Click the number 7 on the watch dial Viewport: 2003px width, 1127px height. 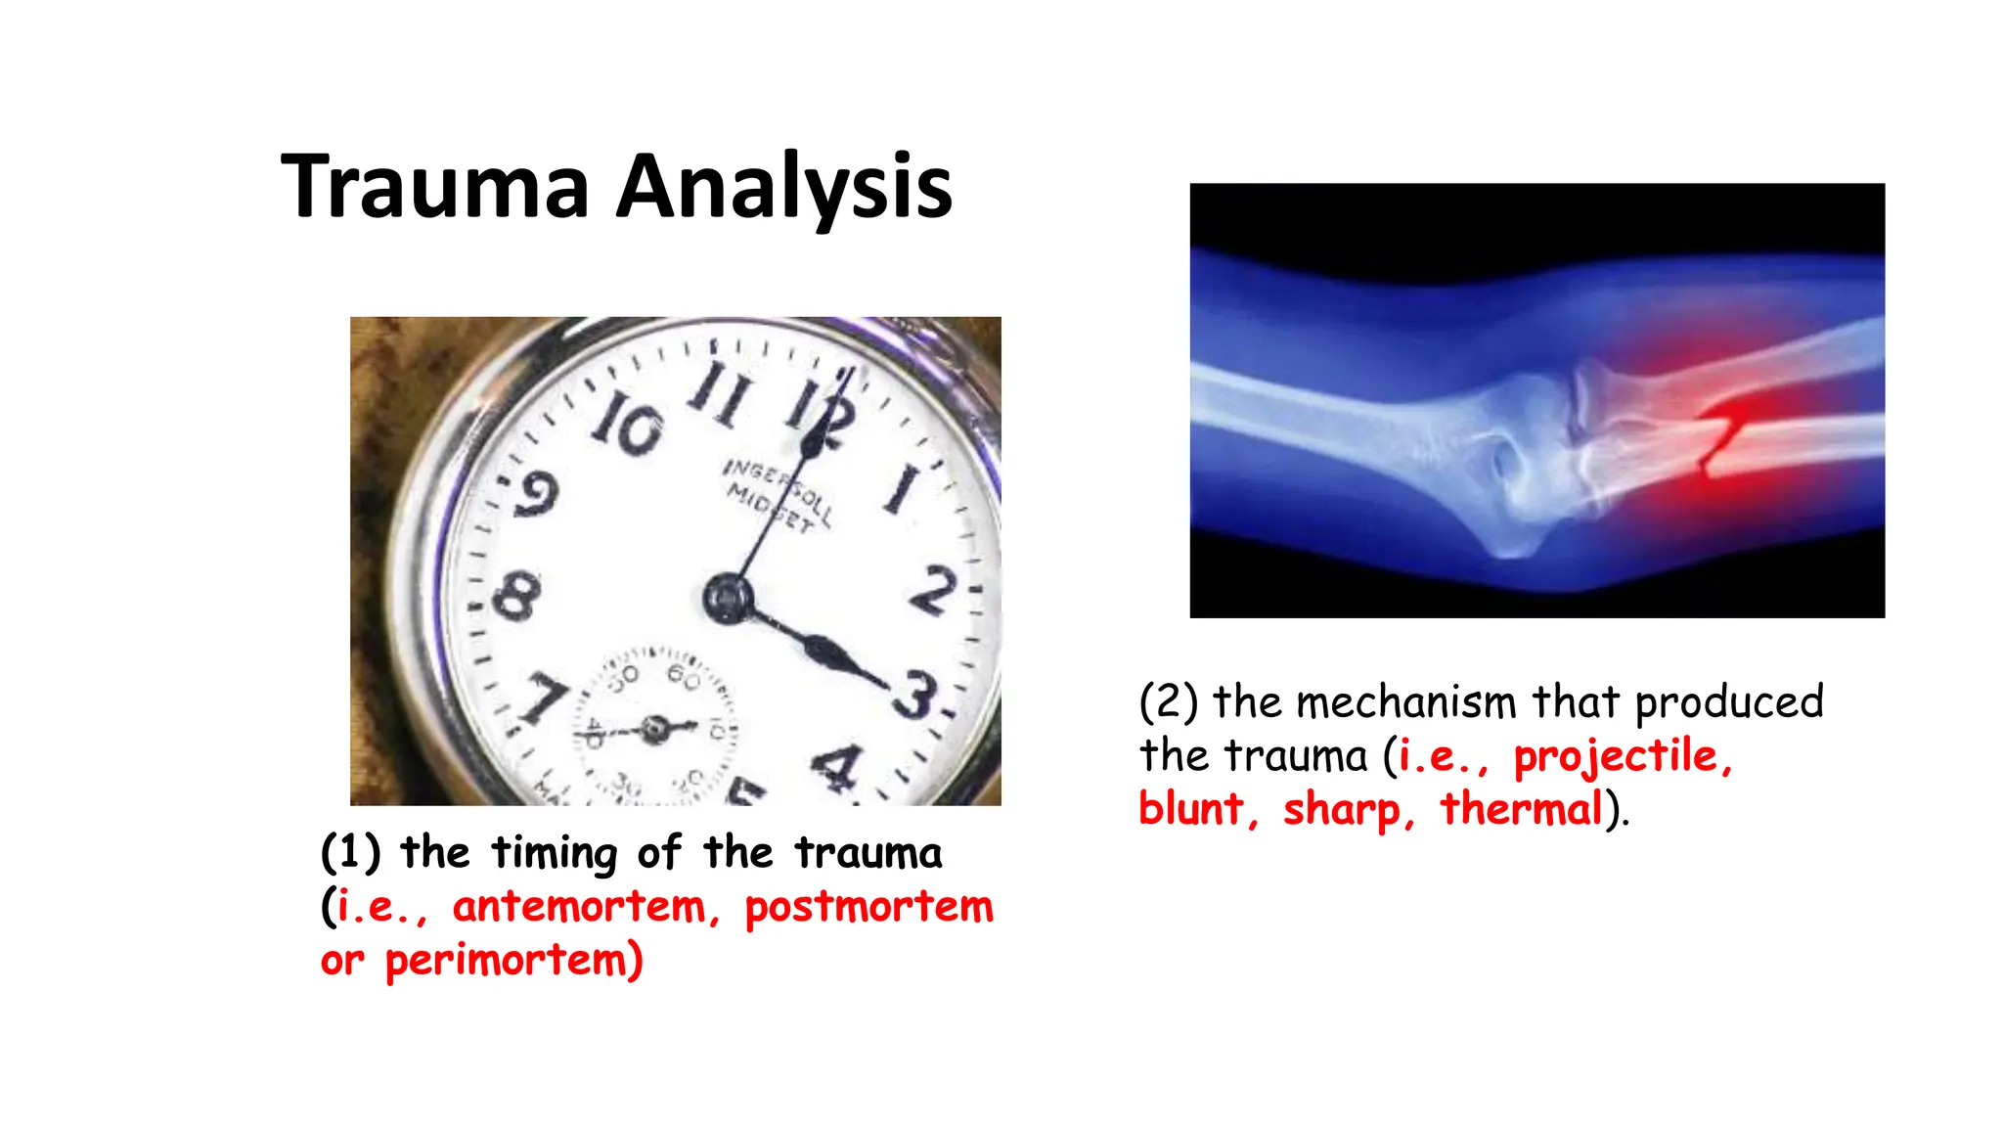tap(544, 698)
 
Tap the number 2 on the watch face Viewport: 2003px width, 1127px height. tap(931, 590)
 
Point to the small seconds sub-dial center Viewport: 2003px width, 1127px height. tap(655, 729)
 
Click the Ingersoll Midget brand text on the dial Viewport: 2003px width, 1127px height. tap(778, 495)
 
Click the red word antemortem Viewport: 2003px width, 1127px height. tap(579, 907)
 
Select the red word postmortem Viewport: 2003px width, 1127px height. tap(868, 907)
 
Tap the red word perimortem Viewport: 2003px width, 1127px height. tap(513, 961)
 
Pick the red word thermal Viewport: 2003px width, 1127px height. tap(1522, 810)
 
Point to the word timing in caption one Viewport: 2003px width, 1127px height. tap(555, 853)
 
